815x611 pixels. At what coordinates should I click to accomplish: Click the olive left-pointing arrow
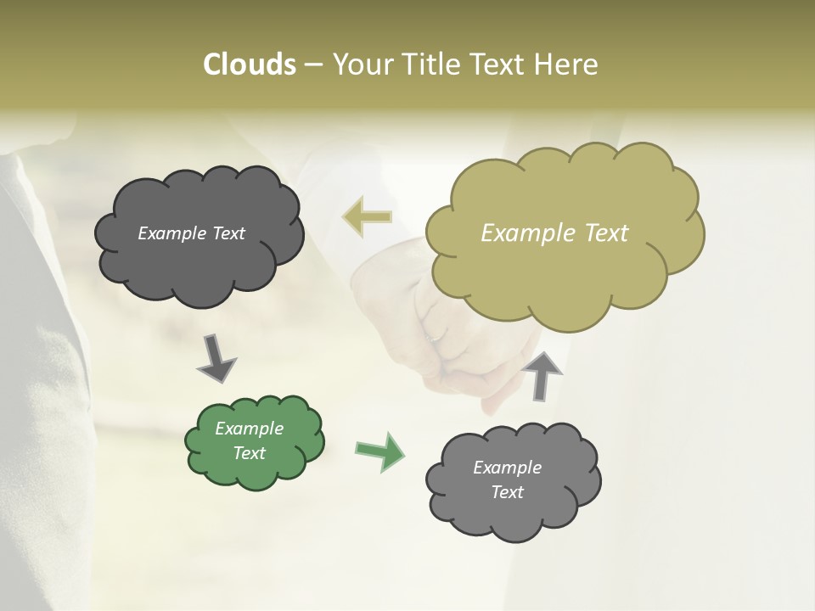point(367,217)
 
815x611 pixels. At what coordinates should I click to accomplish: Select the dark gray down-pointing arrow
point(216,357)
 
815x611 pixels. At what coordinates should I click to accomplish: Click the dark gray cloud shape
point(200,263)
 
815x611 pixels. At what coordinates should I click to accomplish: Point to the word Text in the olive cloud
point(604,233)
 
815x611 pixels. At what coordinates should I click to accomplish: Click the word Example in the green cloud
point(249,429)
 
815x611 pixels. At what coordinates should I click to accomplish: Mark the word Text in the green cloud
point(249,453)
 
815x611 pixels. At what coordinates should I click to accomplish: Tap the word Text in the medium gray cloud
point(507,492)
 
